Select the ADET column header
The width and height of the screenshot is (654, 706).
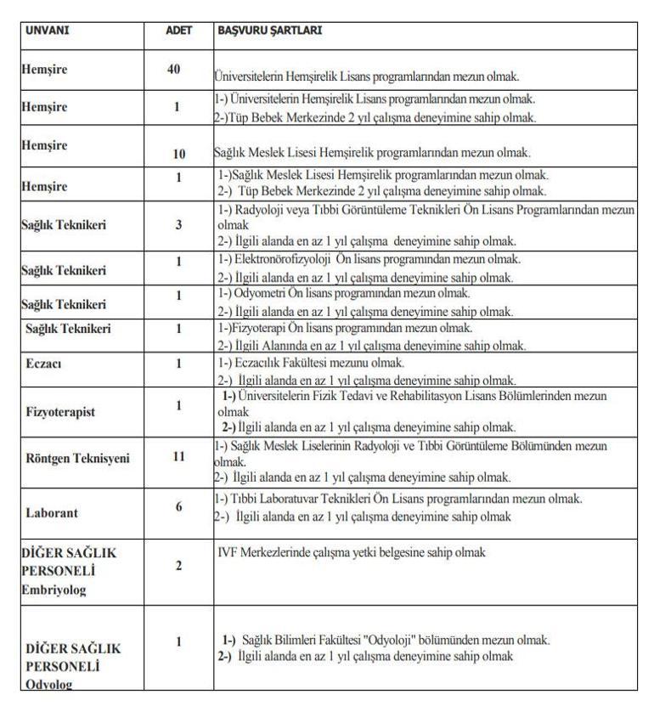tap(179, 31)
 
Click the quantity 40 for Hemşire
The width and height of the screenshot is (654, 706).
tap(175, 69)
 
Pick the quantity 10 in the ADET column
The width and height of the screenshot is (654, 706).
tap(178, 155)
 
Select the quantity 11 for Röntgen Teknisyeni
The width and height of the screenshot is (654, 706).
tap(178, 456)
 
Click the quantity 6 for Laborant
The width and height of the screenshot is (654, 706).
tap(178, 505)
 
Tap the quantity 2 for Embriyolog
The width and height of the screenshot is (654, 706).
tap(178, 565)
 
